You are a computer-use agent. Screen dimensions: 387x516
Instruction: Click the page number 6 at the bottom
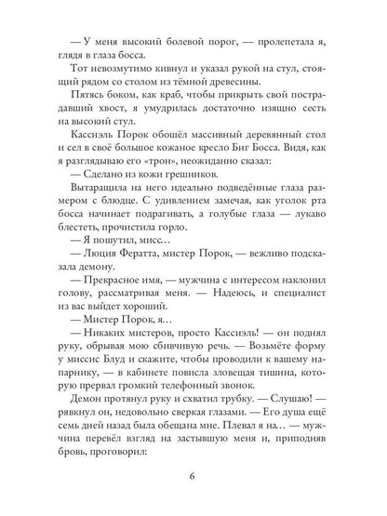point(193,480)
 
